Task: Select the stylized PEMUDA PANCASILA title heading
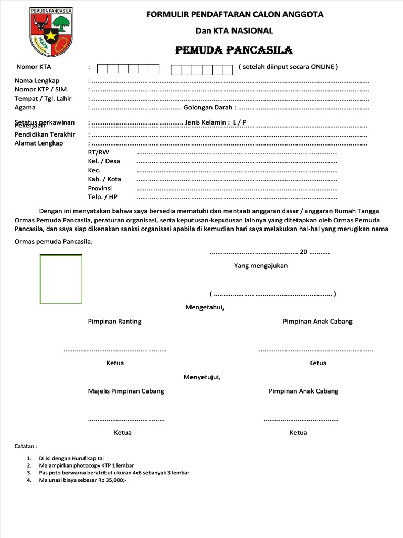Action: coord(234,50)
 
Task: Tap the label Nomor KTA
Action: coord(34,67)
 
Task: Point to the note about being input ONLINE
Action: coord(288,67)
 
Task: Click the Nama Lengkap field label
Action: coord(37,81)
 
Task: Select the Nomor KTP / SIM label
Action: coord(40,90)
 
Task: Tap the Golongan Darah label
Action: coord(208,108)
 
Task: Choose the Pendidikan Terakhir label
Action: coord(45,134)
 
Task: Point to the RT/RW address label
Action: coord(99,152)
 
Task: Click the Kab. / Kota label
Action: coord(104,179)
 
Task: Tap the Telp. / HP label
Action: coord(103,197)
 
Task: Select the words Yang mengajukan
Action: coord(260,266)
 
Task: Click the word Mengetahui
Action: coord(205,307)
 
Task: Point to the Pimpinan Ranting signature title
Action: coord(114,322)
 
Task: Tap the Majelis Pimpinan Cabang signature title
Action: coord(125,391)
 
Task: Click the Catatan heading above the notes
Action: coord(26,446)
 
